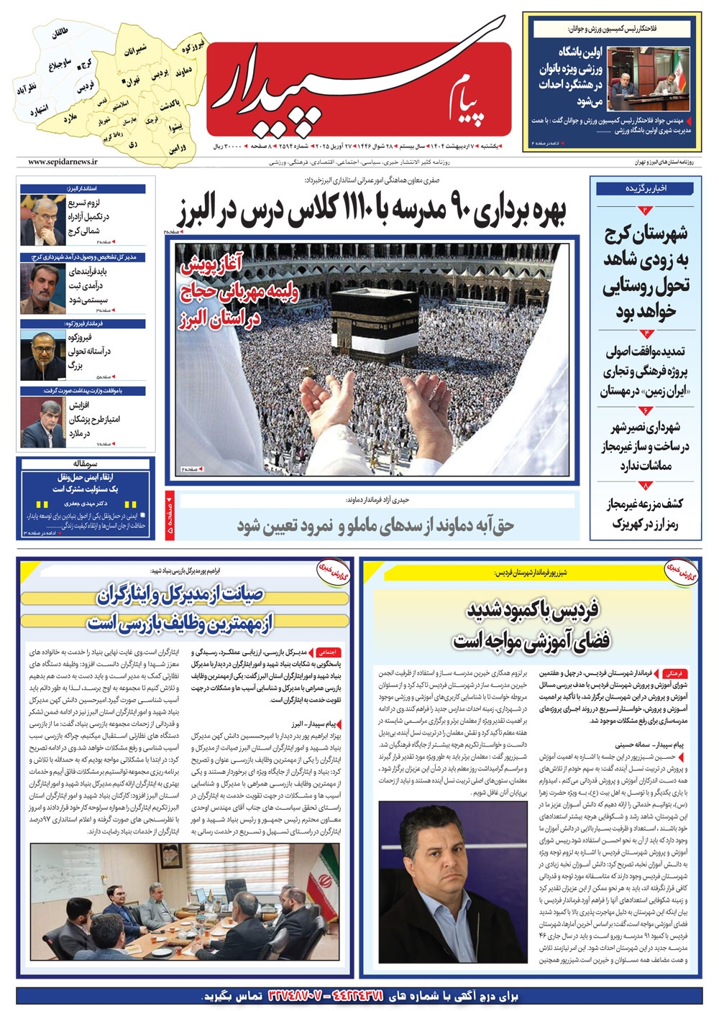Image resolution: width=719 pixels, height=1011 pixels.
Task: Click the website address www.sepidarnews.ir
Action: tap(63, 163)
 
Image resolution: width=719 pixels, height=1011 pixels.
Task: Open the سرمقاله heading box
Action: tap(85, 464)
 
